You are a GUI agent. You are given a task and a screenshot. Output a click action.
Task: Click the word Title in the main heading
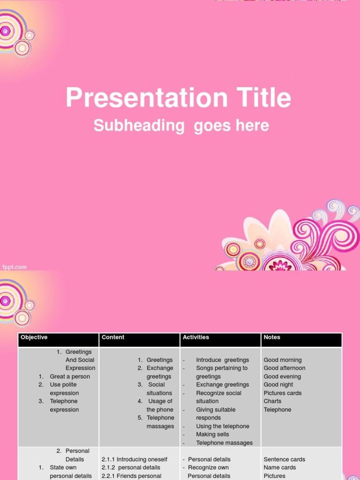coord(258,98)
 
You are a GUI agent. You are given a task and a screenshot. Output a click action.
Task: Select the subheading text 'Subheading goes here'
coord(181,126)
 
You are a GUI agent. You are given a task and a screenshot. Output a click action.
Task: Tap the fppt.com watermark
coord(15,267)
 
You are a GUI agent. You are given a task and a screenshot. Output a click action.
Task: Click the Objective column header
coord(34,337)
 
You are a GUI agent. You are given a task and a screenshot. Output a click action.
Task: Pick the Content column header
coord(113,337)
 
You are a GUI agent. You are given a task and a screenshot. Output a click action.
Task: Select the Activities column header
coord(196,337)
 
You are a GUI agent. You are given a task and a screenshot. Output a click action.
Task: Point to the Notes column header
coord(272,337)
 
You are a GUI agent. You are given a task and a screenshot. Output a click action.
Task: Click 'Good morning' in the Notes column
coord(283,360)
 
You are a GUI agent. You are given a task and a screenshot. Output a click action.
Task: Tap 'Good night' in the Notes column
coord(278,385)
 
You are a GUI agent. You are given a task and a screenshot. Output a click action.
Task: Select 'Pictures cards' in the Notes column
coord(283,393)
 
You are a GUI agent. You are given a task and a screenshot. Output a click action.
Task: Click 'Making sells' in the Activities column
coord(212,435)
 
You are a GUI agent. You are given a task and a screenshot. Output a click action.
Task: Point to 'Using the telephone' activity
coord(222,426)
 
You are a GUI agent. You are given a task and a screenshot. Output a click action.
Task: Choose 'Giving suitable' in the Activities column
coord(216,410)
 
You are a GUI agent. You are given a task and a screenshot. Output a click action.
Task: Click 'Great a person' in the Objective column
coord(69,376)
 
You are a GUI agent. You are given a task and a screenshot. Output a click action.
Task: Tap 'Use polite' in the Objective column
coord(63,385)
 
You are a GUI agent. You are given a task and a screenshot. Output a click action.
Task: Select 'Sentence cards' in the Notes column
coord(284,459)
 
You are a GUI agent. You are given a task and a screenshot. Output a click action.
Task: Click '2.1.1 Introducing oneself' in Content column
coord(134,459)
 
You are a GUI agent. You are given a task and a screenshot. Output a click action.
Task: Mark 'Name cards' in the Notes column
coord(280,467)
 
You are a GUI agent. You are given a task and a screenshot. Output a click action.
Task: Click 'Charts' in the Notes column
coord(272,401)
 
